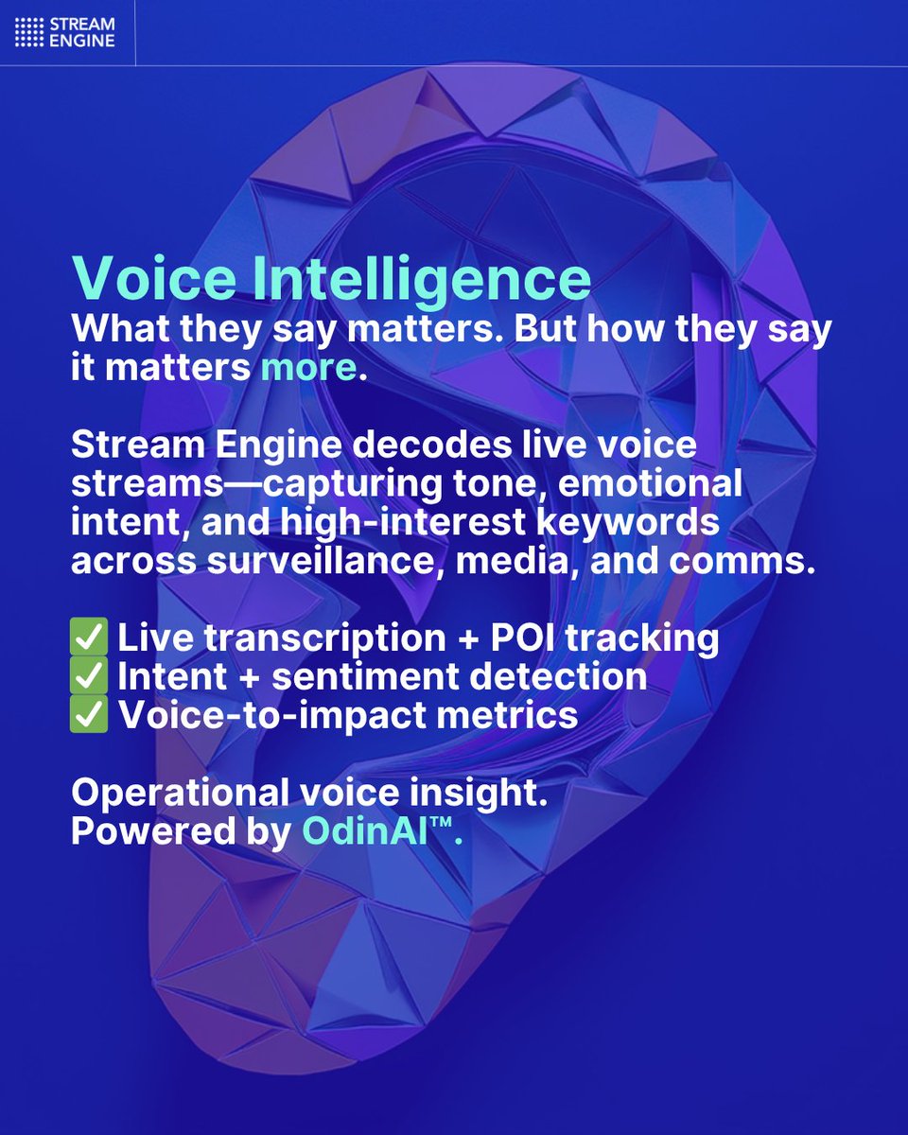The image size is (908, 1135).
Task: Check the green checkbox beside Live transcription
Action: coord(90,638)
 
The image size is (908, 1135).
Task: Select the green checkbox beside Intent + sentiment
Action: coord(90,676)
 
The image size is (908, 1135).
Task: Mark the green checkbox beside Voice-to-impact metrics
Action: coord(90,715)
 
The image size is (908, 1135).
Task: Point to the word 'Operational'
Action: coord(181,793)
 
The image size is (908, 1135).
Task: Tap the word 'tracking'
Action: coord(655,638)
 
